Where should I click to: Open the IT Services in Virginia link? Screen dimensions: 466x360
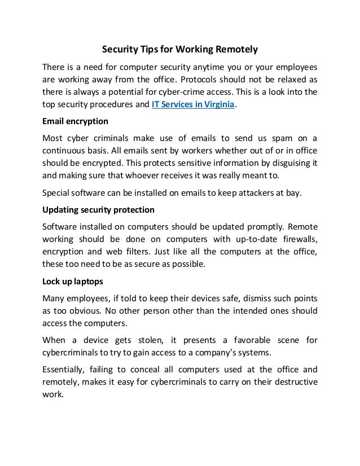193,105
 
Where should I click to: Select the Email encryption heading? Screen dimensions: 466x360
76,121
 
